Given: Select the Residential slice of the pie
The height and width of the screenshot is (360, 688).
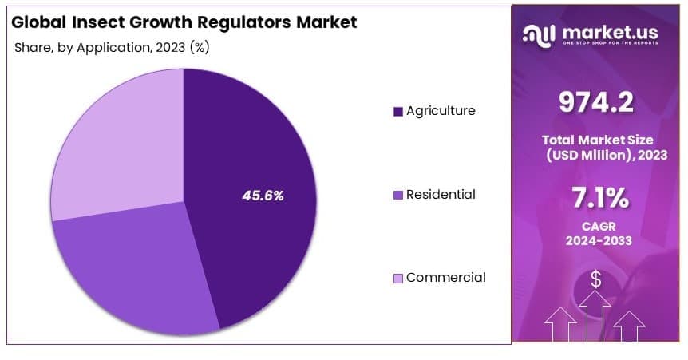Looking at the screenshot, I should (136, 271).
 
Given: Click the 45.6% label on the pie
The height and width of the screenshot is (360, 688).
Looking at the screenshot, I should (263, 195).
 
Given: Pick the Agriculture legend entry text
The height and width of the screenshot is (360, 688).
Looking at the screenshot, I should (441, 110).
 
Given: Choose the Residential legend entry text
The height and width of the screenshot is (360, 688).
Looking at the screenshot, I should (441, 194).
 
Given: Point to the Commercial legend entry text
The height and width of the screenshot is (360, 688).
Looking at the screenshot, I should (445, 277).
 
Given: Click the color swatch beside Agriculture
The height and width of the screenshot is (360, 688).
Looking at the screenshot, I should (397, 111).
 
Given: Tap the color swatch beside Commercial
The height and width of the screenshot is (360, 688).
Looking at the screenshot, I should (397, 278).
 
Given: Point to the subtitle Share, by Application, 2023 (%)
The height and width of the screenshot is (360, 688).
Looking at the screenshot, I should (112, 47).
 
